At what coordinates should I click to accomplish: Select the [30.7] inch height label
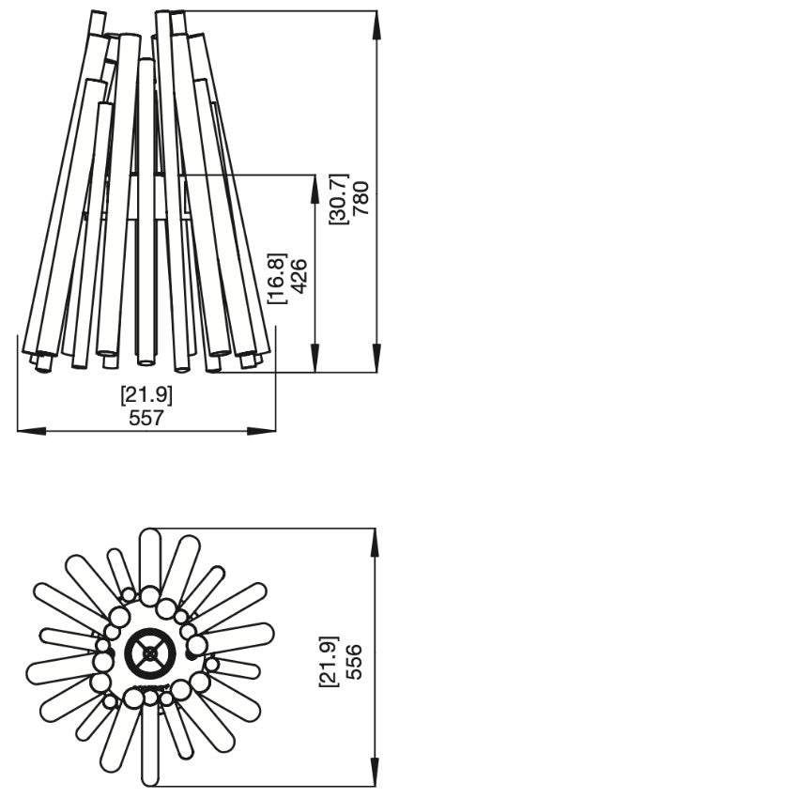pyautogui.click(x=339, y=198)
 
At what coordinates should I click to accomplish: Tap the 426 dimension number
pyautogui.click(x=299, y=277)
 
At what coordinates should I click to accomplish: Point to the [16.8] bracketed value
pyautogui.click(x=277, y=277)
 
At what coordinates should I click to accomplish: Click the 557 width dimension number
pyautogui.click(x=146, y=418)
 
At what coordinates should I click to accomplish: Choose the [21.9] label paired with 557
pyautogui.click(x=146, y=395)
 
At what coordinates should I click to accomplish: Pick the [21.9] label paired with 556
pyautogui.click(x=329, y=663)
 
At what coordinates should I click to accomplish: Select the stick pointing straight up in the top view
pyautogui.click(x=149, y=559)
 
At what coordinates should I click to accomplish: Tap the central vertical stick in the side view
pyautogui.click(x=146, y=211)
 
